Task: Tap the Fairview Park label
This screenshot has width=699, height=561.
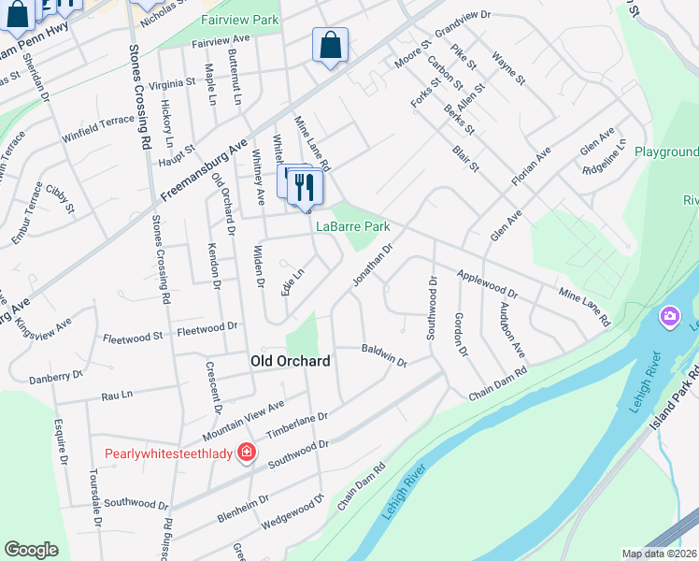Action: (239, 19)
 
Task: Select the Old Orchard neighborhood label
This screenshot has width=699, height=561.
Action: (291, 361)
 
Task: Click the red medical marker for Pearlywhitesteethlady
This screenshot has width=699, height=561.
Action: (246, 453)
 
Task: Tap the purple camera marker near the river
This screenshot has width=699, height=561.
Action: (668, 317)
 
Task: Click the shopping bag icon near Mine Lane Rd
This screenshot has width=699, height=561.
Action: (330, 45)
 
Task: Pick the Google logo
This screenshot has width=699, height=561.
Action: (31, 550)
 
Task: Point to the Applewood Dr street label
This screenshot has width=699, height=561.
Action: (486, 284)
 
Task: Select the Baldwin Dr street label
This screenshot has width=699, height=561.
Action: (384, 356)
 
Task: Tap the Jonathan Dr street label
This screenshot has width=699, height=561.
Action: (372, 266)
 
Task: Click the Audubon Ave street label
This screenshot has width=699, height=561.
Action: (512, 328)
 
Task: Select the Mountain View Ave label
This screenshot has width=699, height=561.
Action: (244, 422)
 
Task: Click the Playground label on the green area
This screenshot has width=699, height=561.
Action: (667, 151)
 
